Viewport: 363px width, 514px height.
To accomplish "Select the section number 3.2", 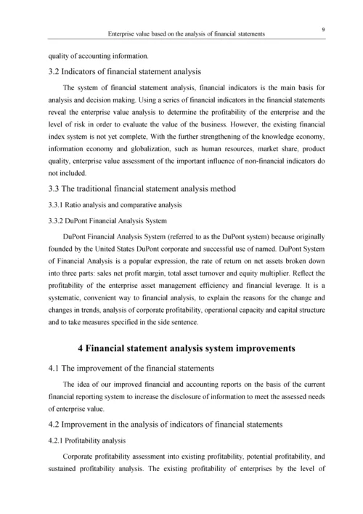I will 56,71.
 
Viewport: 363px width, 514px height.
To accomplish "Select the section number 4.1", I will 56,368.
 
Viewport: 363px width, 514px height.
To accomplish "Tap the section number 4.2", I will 56,425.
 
